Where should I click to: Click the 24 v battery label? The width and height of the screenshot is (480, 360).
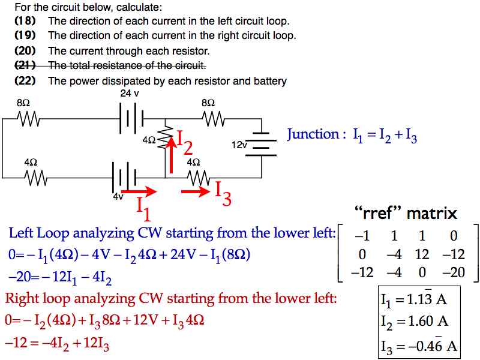[x=129, y=93]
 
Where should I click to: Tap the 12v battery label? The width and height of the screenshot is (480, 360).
[x=239, y=145]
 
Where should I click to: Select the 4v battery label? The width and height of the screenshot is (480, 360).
[x=118, y=196]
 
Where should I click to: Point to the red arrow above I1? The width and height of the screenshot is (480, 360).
[x=139, y=191]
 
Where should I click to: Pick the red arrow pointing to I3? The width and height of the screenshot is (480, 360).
[x=196, y=191]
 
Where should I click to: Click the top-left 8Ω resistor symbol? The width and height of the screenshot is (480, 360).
[x=28, y=119]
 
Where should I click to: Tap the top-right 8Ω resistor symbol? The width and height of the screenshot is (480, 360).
[x=214, y=119]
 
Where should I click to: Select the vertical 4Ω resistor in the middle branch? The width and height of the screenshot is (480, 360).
[x=165, y=137]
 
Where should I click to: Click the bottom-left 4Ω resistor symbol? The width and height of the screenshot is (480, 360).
[x=36, y=178]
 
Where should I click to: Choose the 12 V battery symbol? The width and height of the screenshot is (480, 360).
[x=261, y=144]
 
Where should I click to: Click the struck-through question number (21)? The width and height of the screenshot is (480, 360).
[x=25, y=65]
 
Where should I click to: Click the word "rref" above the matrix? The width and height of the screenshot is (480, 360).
[x=378, y=213]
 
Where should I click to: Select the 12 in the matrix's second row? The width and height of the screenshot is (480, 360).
[x=422, y=254]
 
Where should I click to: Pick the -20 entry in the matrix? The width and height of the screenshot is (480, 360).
[x=454, y=272]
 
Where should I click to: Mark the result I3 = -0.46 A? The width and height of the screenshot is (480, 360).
[x=419, y=346]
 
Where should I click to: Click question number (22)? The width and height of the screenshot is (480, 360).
[x=25, y=81]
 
